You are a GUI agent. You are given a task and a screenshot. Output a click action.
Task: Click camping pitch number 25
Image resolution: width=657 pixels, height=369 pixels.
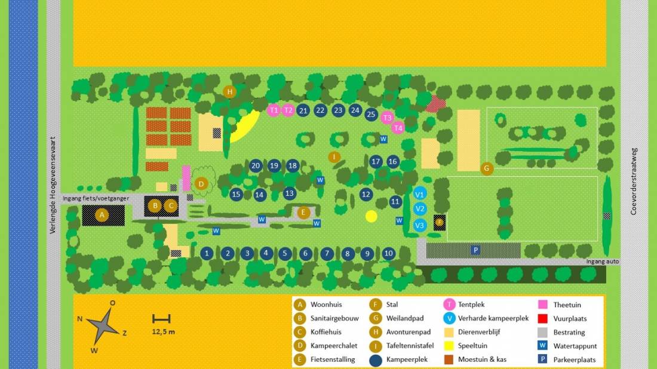371,114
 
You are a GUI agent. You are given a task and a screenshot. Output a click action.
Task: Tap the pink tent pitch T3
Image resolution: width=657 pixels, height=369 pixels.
387,118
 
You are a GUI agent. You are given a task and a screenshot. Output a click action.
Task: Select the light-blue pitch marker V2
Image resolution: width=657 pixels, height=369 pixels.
420,208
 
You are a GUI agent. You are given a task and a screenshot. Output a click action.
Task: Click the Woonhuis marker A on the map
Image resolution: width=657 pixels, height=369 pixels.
102,214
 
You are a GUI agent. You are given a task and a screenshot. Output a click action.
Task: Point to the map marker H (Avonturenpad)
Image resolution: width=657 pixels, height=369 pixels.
229,91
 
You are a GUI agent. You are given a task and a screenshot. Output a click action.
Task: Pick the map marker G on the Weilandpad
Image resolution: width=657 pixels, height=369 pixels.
487,168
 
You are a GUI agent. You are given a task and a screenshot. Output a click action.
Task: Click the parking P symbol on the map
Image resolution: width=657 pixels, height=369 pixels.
475,250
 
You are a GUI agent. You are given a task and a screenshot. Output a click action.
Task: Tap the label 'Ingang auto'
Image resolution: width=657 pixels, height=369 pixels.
602,262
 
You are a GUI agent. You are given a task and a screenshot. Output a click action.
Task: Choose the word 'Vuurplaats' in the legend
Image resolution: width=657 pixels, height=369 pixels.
569,319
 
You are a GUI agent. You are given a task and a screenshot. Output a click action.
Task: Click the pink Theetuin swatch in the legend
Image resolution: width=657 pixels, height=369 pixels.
543,305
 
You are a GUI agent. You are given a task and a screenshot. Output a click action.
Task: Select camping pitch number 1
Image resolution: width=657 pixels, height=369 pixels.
207,253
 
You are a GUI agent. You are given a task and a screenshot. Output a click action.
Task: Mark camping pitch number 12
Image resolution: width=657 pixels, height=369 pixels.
366,194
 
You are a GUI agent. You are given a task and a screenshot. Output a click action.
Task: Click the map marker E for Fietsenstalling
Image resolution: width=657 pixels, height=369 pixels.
303,212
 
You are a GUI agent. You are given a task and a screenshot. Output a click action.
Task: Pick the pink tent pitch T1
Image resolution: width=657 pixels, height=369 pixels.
274,110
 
